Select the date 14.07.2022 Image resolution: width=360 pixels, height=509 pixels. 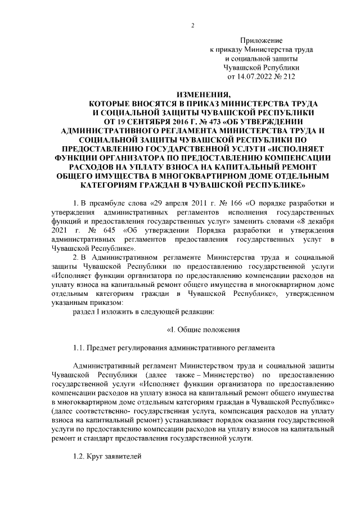(253, 76)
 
